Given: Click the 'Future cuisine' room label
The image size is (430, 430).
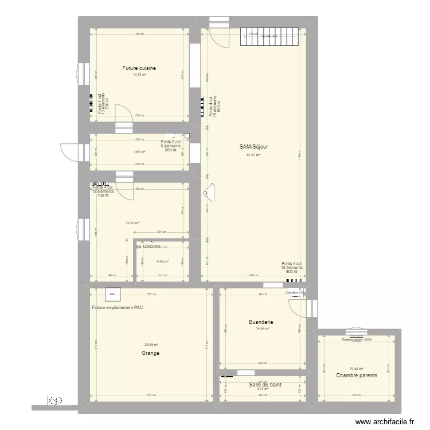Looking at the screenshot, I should click(x=139, y=68).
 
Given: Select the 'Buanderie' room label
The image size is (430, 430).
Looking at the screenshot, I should click(x=259, y=322).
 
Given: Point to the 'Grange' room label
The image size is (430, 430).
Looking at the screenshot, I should click(x=151, y=353).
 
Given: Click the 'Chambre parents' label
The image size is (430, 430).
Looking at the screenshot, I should click(x=357, y=376).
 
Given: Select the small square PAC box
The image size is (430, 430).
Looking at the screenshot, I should click(x=112, y=294).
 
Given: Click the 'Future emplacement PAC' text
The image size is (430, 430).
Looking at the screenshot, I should click(x=118, y=308).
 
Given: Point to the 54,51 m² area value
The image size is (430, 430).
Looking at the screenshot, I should click(x=253, y=155).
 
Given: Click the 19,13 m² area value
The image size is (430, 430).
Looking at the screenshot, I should click(x=139, y=75).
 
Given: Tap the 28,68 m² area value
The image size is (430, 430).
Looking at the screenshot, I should click(x=151, y=345).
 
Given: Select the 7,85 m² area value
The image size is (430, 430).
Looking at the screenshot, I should click(x=139, y=152).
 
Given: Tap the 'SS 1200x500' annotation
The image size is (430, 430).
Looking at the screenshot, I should click(x=148, y=247).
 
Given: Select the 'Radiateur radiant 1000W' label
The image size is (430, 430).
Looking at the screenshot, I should click(x=357, y=339).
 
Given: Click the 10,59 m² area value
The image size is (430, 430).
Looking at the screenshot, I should click(x=357, y=369).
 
